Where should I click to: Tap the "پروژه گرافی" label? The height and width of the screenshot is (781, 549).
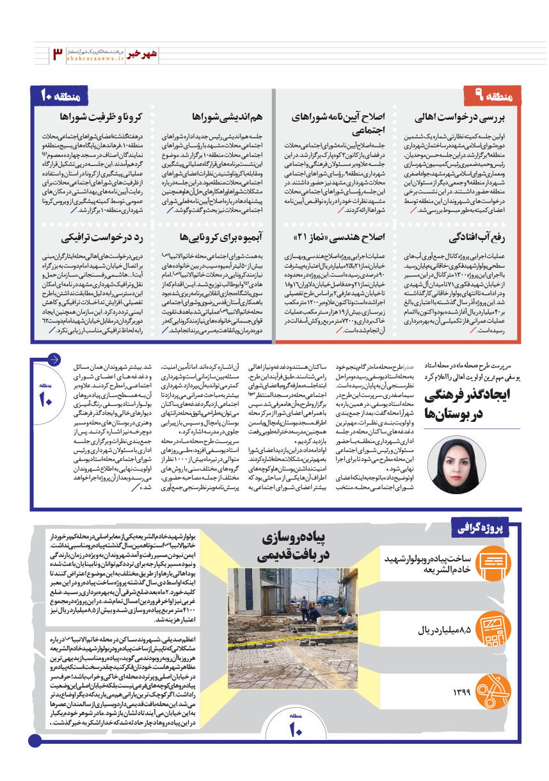487,527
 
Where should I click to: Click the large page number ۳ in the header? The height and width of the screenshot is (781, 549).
58,53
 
